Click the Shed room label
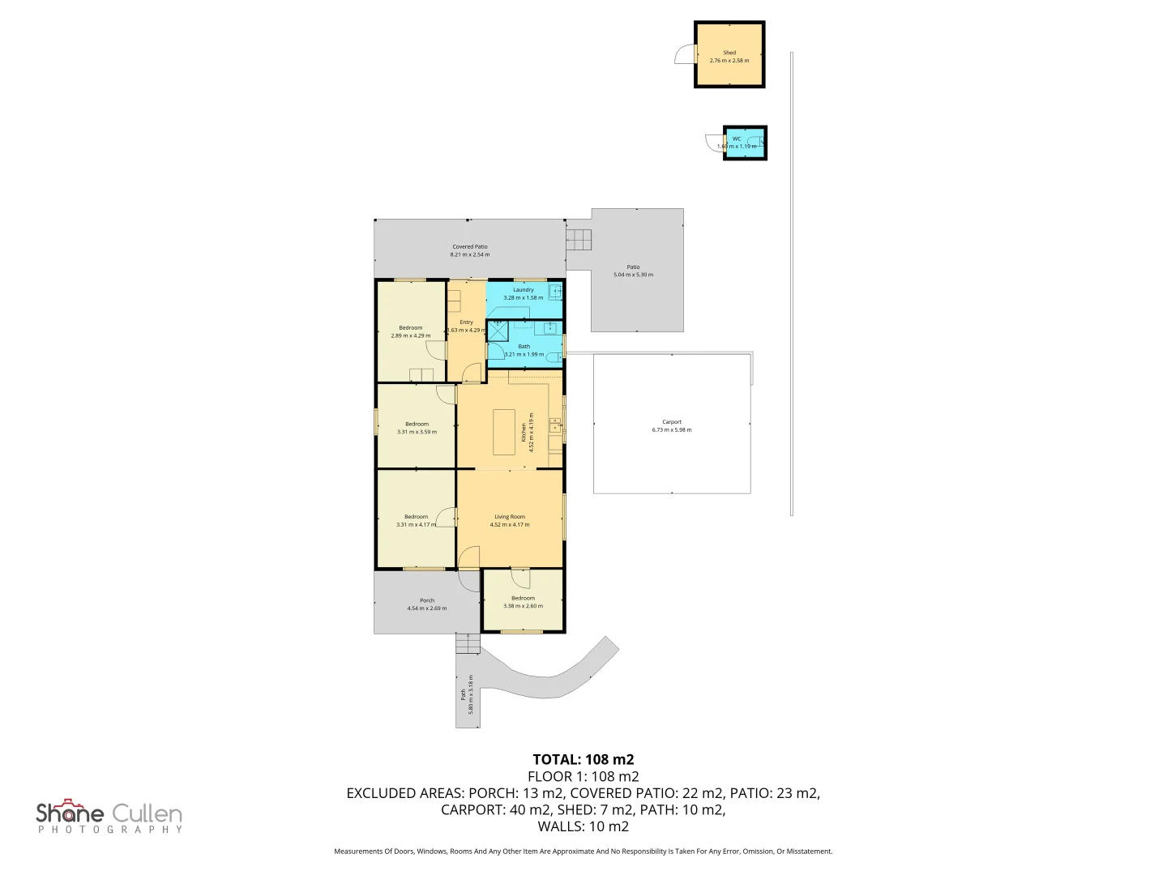coord(729,53)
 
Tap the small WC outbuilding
coord(744,143)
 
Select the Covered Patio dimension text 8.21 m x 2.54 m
coord(470,254)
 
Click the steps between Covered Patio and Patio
coord(579,240)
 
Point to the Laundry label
coord(523,289)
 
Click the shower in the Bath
coord(497,331)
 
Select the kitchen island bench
coord(504,432)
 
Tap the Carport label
coord(672,422)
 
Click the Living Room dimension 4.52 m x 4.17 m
coord(510,525)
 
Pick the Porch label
coord(427,600)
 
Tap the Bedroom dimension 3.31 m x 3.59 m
coord(417,432)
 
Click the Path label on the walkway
coord(464,694)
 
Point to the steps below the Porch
coord(468,643)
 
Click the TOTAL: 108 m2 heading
coord(583,759)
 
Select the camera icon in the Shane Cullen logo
coord(72,804)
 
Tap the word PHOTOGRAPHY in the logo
coord(110,830)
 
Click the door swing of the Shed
coord(686,54)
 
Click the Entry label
coord(467,322)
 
